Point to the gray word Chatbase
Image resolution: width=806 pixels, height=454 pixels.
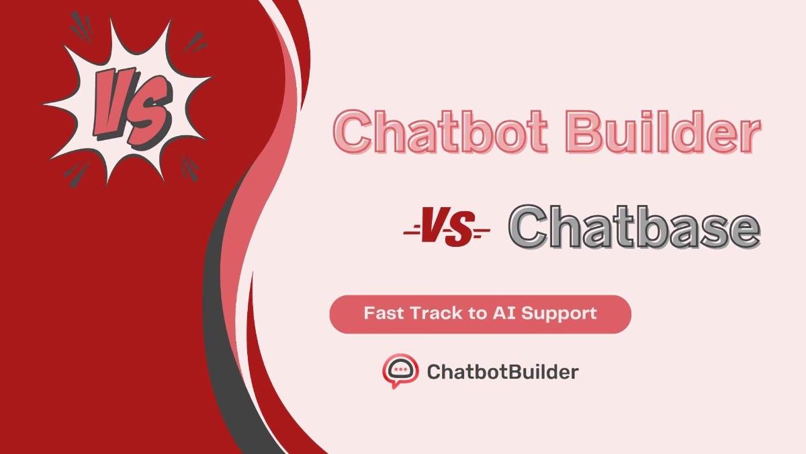634,227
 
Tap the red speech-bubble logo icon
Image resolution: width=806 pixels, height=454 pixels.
400,371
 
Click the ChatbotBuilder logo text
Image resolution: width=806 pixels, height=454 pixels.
502,371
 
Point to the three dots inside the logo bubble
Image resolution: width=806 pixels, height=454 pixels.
401,369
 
